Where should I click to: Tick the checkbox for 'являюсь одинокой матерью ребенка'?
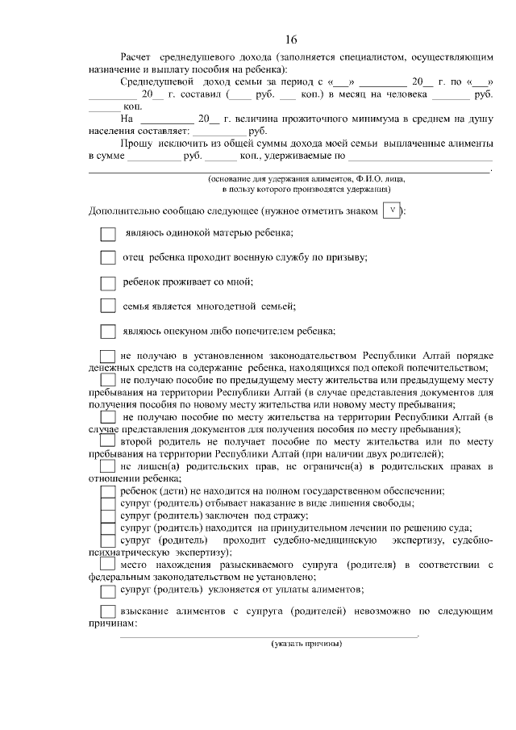108,234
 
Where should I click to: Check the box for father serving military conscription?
108,258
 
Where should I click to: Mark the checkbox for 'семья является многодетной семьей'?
108,307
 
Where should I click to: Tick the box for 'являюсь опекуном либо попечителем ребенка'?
108,331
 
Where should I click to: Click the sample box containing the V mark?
392,211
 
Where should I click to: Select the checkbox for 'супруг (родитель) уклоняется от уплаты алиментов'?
107,591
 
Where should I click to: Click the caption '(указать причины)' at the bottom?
306,643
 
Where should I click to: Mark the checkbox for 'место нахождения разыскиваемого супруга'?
107,566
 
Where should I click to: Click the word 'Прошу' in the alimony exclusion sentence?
136,143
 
